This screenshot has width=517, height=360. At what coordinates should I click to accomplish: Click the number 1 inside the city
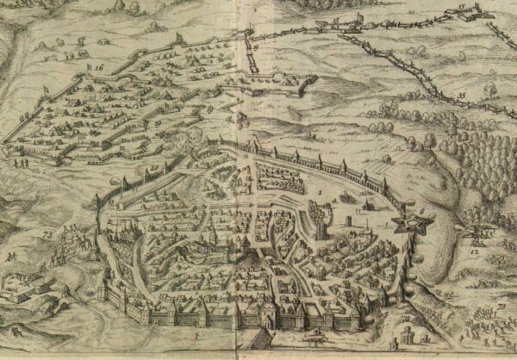(x=320, y=185)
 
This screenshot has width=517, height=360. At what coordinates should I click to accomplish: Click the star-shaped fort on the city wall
(x=402, y=225)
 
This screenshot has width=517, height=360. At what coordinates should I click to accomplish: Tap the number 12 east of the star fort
(x=475, y=251)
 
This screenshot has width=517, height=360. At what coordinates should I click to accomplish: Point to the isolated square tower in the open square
(x=348, y=220)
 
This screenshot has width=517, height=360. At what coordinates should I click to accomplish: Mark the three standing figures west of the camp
(x=22, y=160)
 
